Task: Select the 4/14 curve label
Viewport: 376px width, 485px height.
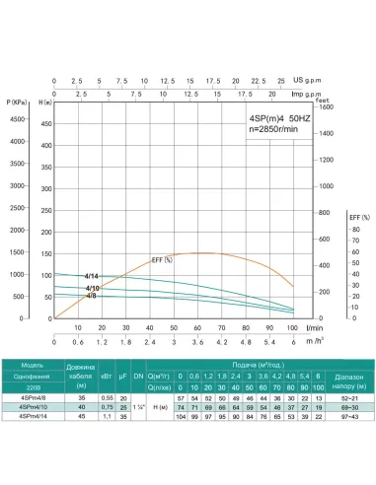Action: point(92,276)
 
